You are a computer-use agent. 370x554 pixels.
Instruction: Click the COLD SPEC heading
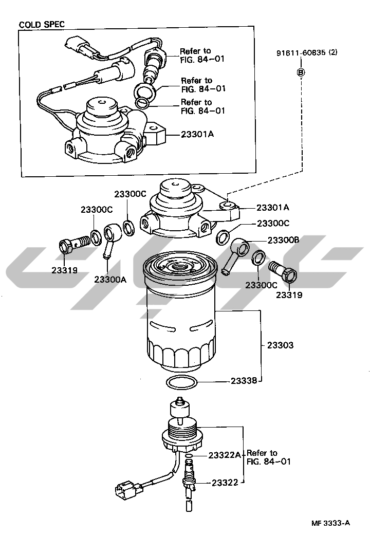pyautogui.click(x=42, y=24)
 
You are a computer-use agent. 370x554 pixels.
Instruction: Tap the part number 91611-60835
pyautogui.click(x=301, y=52)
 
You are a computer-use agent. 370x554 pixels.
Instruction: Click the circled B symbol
pyautogui.click(x=301, y=72)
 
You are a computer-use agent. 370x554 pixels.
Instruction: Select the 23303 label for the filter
pyautogui.click(x=280, y=345)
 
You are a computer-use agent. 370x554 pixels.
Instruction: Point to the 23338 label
pyautogui.click(x=244, y=381)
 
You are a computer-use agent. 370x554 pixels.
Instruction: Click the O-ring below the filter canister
pyautogui.click(x=181, y=382)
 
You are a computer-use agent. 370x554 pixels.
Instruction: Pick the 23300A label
pyautogui.click(x=110, y=280)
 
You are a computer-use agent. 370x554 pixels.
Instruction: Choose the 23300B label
pyautogui.click(x=284, y=241)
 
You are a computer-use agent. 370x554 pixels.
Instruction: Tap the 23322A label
pyautogui.click(x=225, y=455)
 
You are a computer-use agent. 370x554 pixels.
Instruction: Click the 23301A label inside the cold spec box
pyautogui.click(x=197, y=134)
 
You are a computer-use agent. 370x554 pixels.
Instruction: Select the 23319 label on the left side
pyautogui.click(x=64, y=270)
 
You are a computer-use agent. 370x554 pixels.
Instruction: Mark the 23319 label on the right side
pyautogui.click(x=289, y=294)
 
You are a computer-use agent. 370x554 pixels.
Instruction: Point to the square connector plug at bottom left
pyautogui.click(x=124, y=490)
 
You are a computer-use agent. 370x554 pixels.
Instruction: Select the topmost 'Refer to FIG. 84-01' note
pyautogui.click(x=202, y=55)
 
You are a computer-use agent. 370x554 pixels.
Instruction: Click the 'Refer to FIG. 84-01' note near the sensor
pyautogui.click(x=269, y=457)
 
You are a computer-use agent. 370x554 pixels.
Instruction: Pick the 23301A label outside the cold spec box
pyautogui.click(x=273, y=208)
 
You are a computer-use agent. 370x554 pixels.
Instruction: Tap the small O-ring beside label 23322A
pyautogui.click(x=190, y=456)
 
